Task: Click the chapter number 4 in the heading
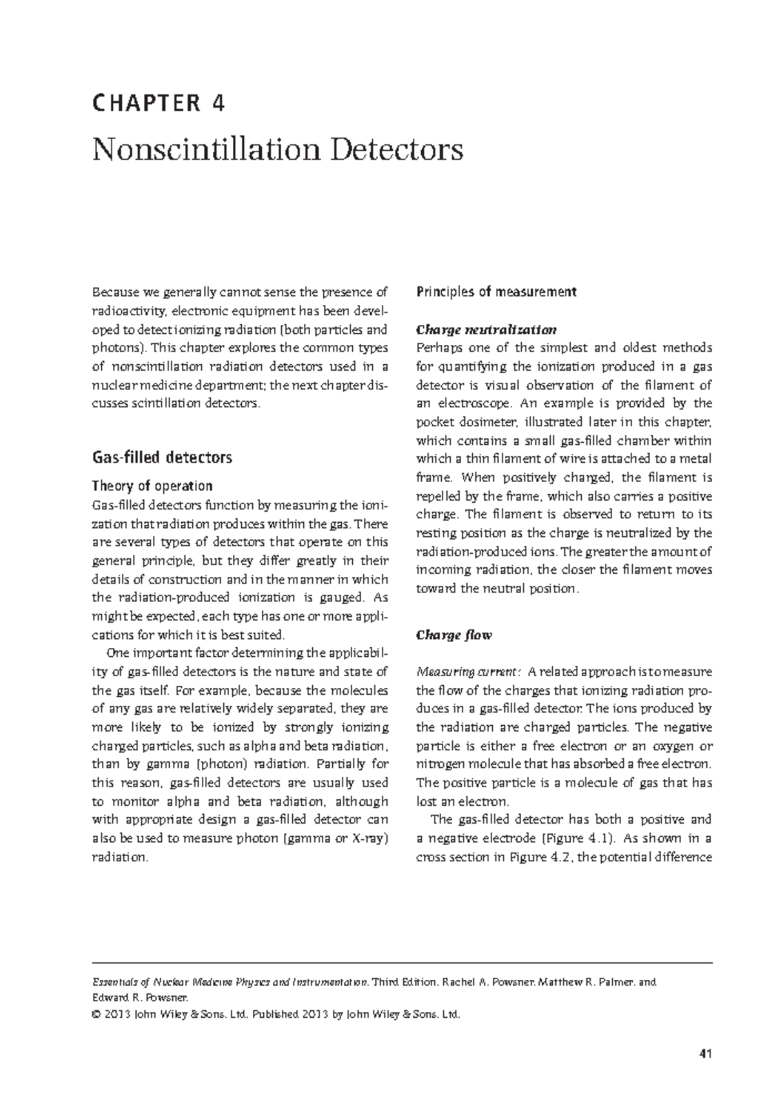(218, 104)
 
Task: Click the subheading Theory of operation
(152, 485)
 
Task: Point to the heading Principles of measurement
(496, 292)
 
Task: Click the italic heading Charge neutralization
(486, 330)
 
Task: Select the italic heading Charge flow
(454, 635)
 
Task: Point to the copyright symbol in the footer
(97, 1015)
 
